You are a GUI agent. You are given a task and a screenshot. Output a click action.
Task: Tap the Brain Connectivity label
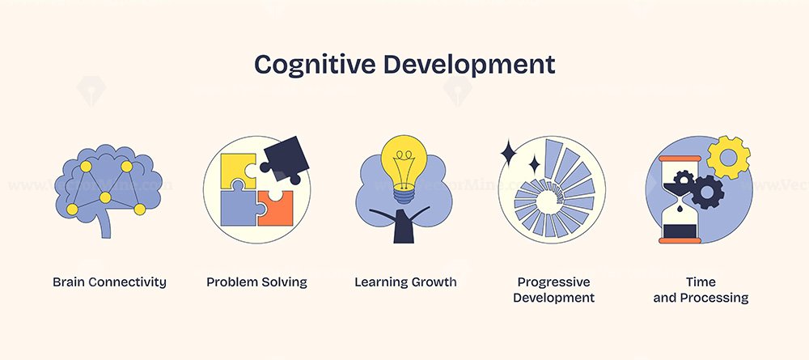click(x=109, y=282)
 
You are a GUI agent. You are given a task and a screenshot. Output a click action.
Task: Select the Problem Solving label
click(x=256, y=282)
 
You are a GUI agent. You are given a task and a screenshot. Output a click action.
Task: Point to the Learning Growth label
click(x=405, y=282)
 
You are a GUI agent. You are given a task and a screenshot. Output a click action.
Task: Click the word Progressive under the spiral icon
click(x=553, y=282)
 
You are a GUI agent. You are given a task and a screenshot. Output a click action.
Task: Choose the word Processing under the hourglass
click(x=714, y=298)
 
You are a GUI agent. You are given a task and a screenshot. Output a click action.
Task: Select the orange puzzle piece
click(x=277, y=209)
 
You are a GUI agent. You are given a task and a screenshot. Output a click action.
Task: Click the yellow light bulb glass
click(x=404, y=160)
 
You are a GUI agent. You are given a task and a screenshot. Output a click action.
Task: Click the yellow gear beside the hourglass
click(x=728, y=157)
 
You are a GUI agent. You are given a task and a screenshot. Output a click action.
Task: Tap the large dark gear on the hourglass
click(x=707, y=192)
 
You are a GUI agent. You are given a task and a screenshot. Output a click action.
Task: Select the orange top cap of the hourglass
click(x=680, y=159)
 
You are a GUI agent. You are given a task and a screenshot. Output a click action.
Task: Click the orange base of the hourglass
click(x=680, y=240)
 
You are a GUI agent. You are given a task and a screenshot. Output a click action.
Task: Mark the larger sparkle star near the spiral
click(x=508, y=153)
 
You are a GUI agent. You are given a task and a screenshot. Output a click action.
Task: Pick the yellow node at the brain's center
click(x=105, y=197)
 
